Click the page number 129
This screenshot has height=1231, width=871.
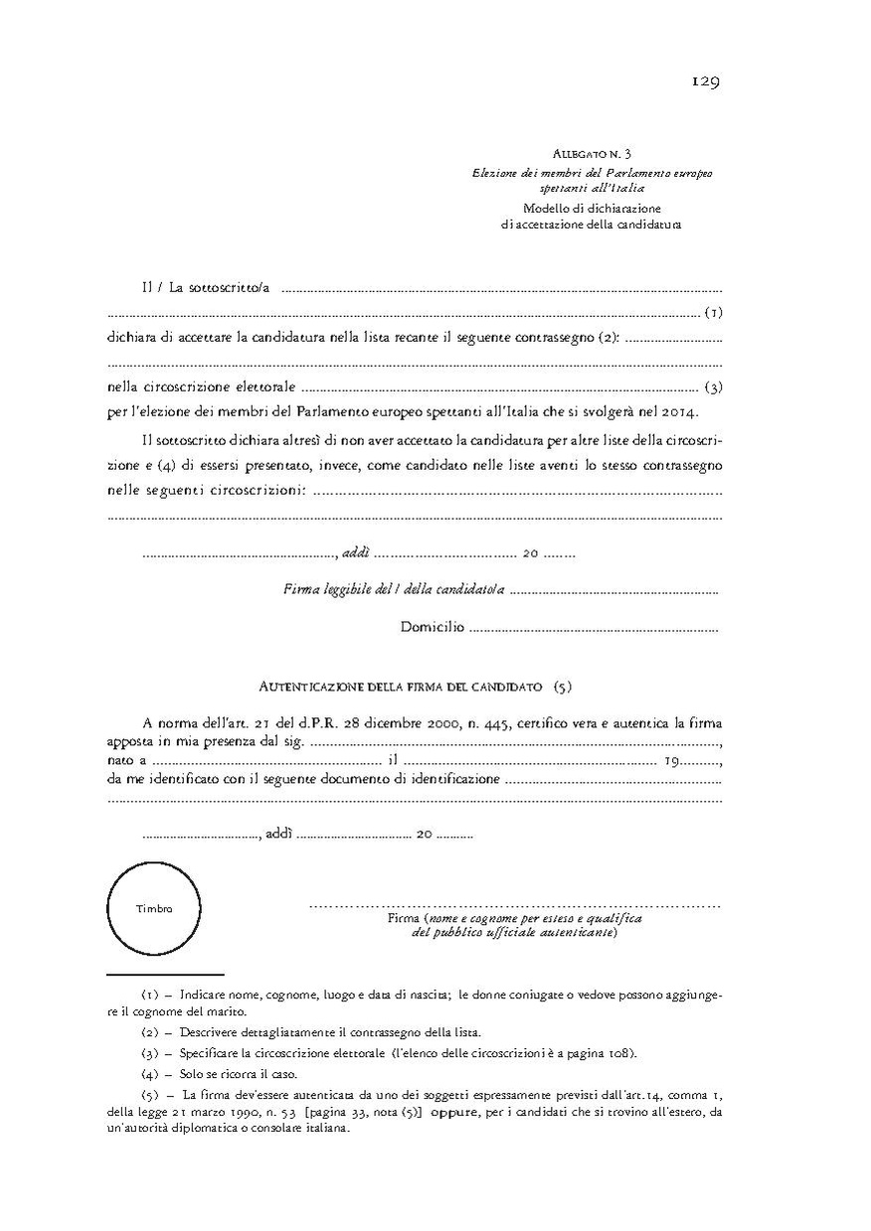pyautogui.click(x=706, y=81)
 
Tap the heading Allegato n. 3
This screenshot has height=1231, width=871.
pyautogui.click(x=592, y=154)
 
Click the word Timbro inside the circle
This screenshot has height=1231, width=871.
pyautogui.click(x=154, y=908)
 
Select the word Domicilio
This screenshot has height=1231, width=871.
pyautogui.click(x=433, y=627)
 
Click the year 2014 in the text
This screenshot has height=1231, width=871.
pyautogui.click(x=680, y=411)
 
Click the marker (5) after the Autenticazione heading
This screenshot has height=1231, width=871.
pyautogui.click(x=563, y=686)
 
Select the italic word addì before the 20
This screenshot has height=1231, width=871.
pyautogui.click(x=355, y=553)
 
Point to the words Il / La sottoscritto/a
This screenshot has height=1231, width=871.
pyautogui.click(x=205, y=288)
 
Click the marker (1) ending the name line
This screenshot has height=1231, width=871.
pyautogui.click(x=713, y=313)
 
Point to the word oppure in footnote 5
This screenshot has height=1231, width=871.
pyautogui.click(x=459, y=1112)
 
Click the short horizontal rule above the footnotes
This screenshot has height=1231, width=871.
pyautogui.click(x=165, y=975)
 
